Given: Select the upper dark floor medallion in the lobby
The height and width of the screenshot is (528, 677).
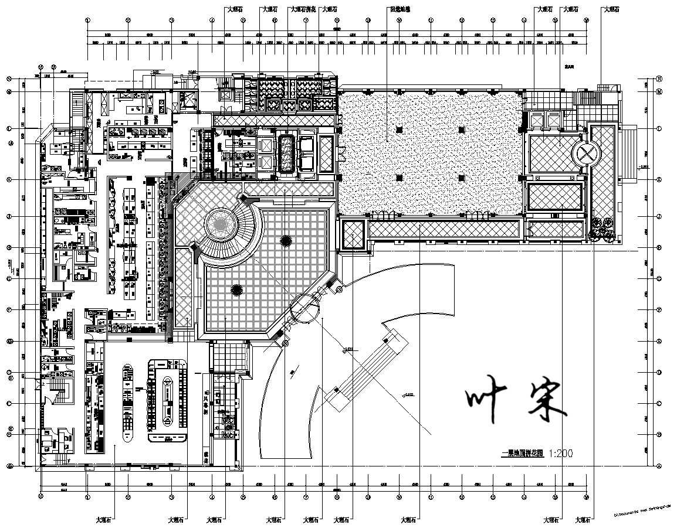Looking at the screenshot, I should click(x=286, y=240).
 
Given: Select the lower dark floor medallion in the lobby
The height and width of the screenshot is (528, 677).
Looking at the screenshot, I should click(x=237, y=289).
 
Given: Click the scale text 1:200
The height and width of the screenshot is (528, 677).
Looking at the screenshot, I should click(x=561, y=453).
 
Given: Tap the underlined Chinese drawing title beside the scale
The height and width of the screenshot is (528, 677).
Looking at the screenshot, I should click(x=522, y=454).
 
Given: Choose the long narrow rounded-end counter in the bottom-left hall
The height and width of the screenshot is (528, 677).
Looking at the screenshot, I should click(x=127, y=403).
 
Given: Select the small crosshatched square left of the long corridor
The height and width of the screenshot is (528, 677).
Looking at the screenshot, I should click(x=354, y=234).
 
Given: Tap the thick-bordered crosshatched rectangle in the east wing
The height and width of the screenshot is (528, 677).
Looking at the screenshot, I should click(x=554, y=196).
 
